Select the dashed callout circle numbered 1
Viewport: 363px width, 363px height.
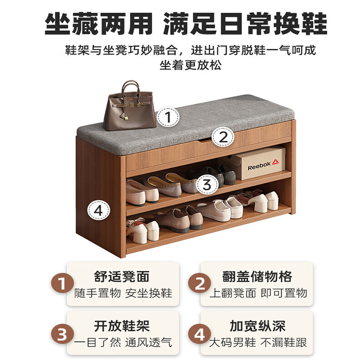[168, 118]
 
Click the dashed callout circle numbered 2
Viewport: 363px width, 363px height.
[223, 137]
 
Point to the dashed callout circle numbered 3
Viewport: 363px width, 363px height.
[207, 185]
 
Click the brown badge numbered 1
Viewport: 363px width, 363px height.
[62, 284]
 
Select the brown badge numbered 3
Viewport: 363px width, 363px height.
[62, 334]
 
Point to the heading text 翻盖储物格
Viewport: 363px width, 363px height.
[257, 276]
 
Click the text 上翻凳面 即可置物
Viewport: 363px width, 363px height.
[258, 293]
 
